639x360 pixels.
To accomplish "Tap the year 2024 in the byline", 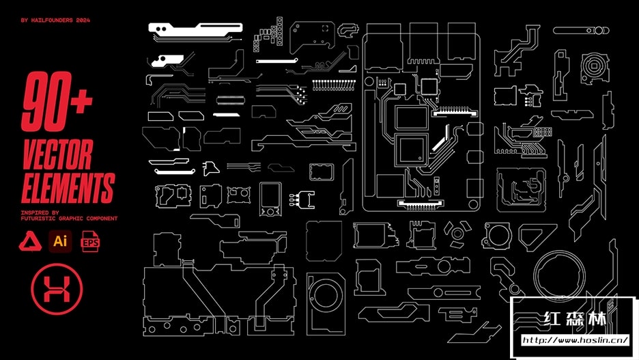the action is (x=83, y=20).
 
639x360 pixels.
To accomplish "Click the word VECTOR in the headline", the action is (x=58, y=154).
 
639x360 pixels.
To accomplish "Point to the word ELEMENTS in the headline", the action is (x=68, y=188).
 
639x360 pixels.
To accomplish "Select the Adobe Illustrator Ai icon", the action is (x=60, y=241).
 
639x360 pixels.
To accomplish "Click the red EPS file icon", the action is (x=91, y=241).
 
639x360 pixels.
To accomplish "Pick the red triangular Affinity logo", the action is (x=30, y=241).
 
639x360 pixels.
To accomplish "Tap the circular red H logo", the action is (x=57, y=289).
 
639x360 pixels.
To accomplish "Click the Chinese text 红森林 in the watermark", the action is (x=576, y=319).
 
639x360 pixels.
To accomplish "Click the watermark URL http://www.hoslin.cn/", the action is (x=575, y=340).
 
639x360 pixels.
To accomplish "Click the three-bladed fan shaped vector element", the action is (x=457, y=234).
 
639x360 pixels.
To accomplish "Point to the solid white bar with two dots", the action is (x=195, y=29).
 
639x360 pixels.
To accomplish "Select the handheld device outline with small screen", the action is (x=270, y=199).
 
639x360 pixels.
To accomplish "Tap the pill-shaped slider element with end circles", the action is (x=581, y=31).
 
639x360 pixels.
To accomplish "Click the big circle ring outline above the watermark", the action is (x=559, y=275).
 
